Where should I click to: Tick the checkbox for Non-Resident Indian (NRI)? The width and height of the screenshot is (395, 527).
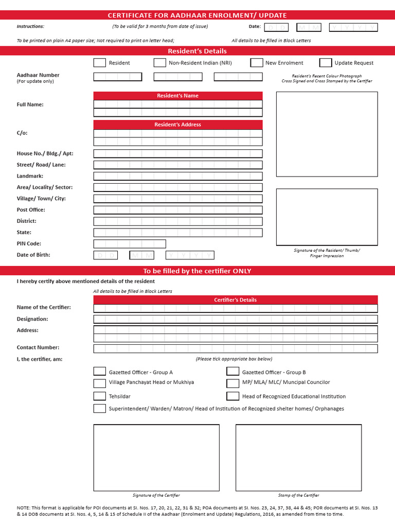click(159, 63)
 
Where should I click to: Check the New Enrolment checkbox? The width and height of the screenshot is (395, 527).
click(257, 63)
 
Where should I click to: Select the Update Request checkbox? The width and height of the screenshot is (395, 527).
click(326, 63)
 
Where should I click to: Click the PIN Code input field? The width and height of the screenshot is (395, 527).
click(130, 244)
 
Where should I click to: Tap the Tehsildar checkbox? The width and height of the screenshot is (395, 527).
click(100, 396)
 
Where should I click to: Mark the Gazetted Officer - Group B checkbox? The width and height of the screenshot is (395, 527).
click(233, 372)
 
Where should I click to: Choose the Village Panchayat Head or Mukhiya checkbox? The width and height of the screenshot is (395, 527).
click(100, 383)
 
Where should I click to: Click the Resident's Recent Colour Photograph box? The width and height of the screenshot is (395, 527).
click(327, 134)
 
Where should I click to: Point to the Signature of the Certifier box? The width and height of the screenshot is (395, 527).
click(156, 458)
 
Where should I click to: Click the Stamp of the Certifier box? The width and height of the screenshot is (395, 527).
click(298, 458)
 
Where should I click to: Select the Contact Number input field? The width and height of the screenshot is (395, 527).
click(236, 348)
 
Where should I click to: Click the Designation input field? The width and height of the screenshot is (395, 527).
click(236, 319)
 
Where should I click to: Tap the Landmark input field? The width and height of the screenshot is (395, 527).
click(178, 176)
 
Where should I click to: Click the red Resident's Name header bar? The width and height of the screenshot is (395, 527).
click(178, 96)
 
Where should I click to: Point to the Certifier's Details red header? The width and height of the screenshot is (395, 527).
click(236, 300)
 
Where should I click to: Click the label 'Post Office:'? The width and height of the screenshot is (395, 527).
click(31, 210)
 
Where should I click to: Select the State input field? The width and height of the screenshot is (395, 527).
click(178, 233)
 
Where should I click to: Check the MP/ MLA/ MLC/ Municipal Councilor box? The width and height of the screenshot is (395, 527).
click(233, 383)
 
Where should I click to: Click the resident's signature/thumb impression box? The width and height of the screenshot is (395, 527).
click(327, 217)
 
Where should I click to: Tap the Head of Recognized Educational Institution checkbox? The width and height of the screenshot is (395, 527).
click(233, 396)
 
